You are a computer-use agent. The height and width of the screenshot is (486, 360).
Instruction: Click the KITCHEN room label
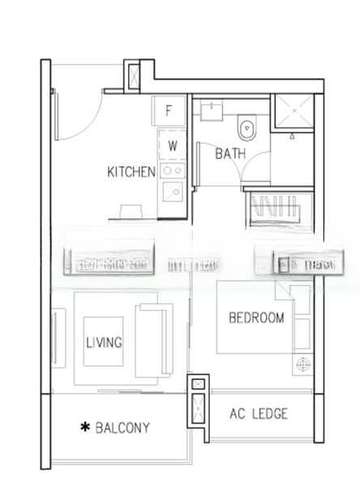[x=131, y=172]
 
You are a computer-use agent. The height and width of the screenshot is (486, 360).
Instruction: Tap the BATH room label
[x=231, y=153]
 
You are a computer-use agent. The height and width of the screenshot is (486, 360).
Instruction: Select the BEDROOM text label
[x=256, y=318]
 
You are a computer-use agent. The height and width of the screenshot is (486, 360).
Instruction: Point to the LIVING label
[x=104, y=343]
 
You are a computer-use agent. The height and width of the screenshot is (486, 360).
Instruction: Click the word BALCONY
[x=122, y=427]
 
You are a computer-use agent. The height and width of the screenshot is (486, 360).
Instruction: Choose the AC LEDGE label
[x=259, y=415]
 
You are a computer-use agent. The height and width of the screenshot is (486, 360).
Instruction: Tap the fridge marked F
[x=170, y=112]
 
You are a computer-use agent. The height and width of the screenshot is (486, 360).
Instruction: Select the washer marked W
[x=172, y=146]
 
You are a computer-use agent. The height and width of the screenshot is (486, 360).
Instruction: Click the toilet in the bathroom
[x=247, y=128]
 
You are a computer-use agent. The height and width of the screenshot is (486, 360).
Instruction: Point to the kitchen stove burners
[x=172, y=170]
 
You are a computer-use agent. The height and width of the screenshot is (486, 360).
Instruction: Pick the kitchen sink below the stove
[x=172, y=191]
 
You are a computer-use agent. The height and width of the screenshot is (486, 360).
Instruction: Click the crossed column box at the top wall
[x=133, y=75]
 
